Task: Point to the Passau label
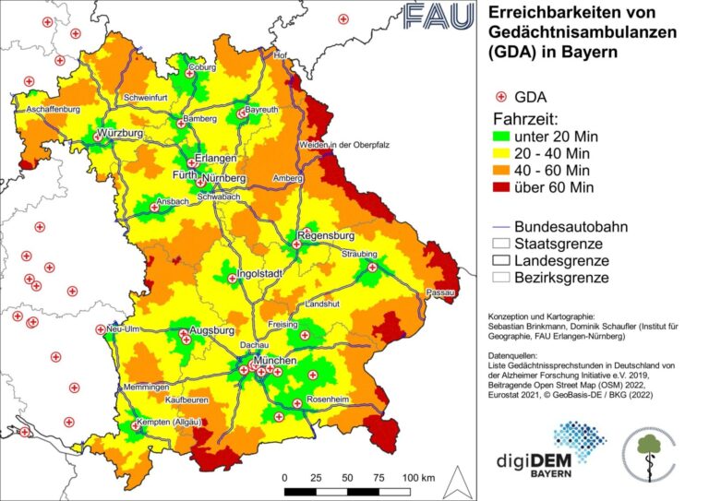pyautogui.click(x=440, y=292)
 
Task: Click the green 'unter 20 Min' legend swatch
pyautogui.click(x=503, y=137)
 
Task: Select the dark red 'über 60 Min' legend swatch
pyautogui.click(x=503, y=187)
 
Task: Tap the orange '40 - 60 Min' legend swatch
pyautogui.click(x=503, y=171)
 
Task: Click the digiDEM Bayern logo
pyautogui.click(x=560, y=451)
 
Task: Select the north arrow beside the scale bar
pyautogui.click(x=453, y=480)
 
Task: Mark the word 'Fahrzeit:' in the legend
pyautogui.click(x=530, y=118)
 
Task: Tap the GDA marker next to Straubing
pyautogui.click(x=373, y=268)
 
